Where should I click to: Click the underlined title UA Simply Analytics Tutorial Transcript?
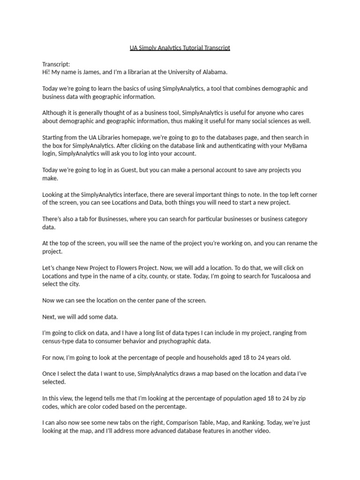pyautogui.click(x=180, y=48)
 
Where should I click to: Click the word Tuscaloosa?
pyautogui.click(x=285, y=276)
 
